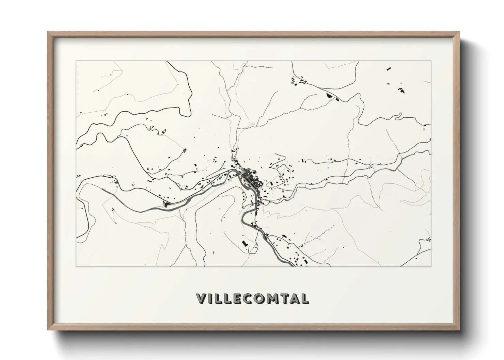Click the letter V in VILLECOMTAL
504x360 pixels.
click(201, 298)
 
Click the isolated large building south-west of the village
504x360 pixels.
click(244, 244)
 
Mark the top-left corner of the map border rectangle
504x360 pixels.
click(76, 61)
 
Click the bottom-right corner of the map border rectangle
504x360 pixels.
click(431, 266)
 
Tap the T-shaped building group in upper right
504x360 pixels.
click(402, 90)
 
